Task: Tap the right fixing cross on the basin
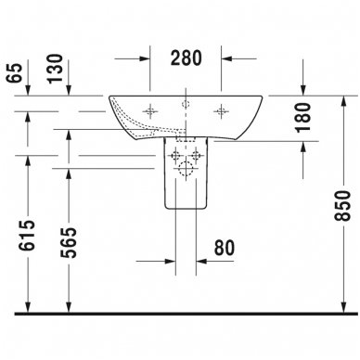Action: pyautogui.click(x=222, y=110)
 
